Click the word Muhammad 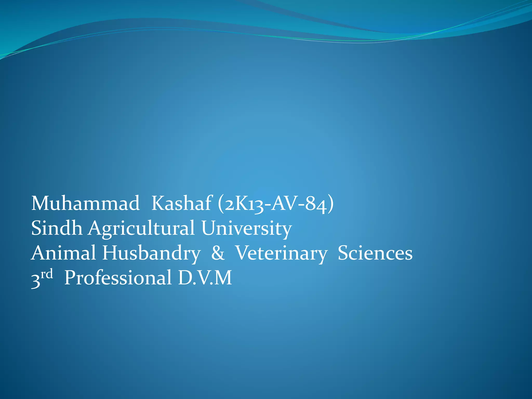85,203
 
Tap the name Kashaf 182,203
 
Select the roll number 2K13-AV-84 276,204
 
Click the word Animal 63,253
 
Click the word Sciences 375,253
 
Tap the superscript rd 47,274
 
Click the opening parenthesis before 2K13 221,204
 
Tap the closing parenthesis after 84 331,204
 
